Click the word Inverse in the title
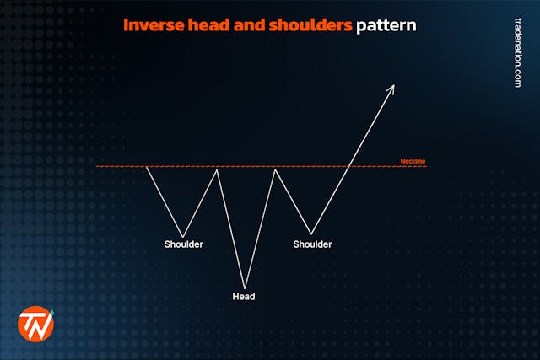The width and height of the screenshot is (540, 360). point(149,25)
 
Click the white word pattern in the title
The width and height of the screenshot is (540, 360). point(386,25)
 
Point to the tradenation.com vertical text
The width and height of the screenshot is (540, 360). point(517,51)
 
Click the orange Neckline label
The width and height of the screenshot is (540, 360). point(413,160)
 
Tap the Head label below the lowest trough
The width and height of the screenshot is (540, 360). point(244,297)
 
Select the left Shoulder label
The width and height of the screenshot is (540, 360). point(184,244)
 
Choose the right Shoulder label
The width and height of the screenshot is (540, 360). point(312,244)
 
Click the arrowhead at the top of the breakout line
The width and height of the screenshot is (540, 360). point(391,88)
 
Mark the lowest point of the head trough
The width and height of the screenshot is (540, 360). point(245,287)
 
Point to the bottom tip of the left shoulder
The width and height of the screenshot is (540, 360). point(183,236)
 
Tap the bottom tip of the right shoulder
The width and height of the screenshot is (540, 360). point(311,234)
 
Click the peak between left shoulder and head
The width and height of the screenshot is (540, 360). point(219,169)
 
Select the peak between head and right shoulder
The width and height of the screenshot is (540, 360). point(275,169)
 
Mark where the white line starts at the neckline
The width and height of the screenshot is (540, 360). point(147,167)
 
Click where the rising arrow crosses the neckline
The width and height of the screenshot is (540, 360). point(349,167)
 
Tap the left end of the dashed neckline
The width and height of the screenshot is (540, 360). point(98,167)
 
